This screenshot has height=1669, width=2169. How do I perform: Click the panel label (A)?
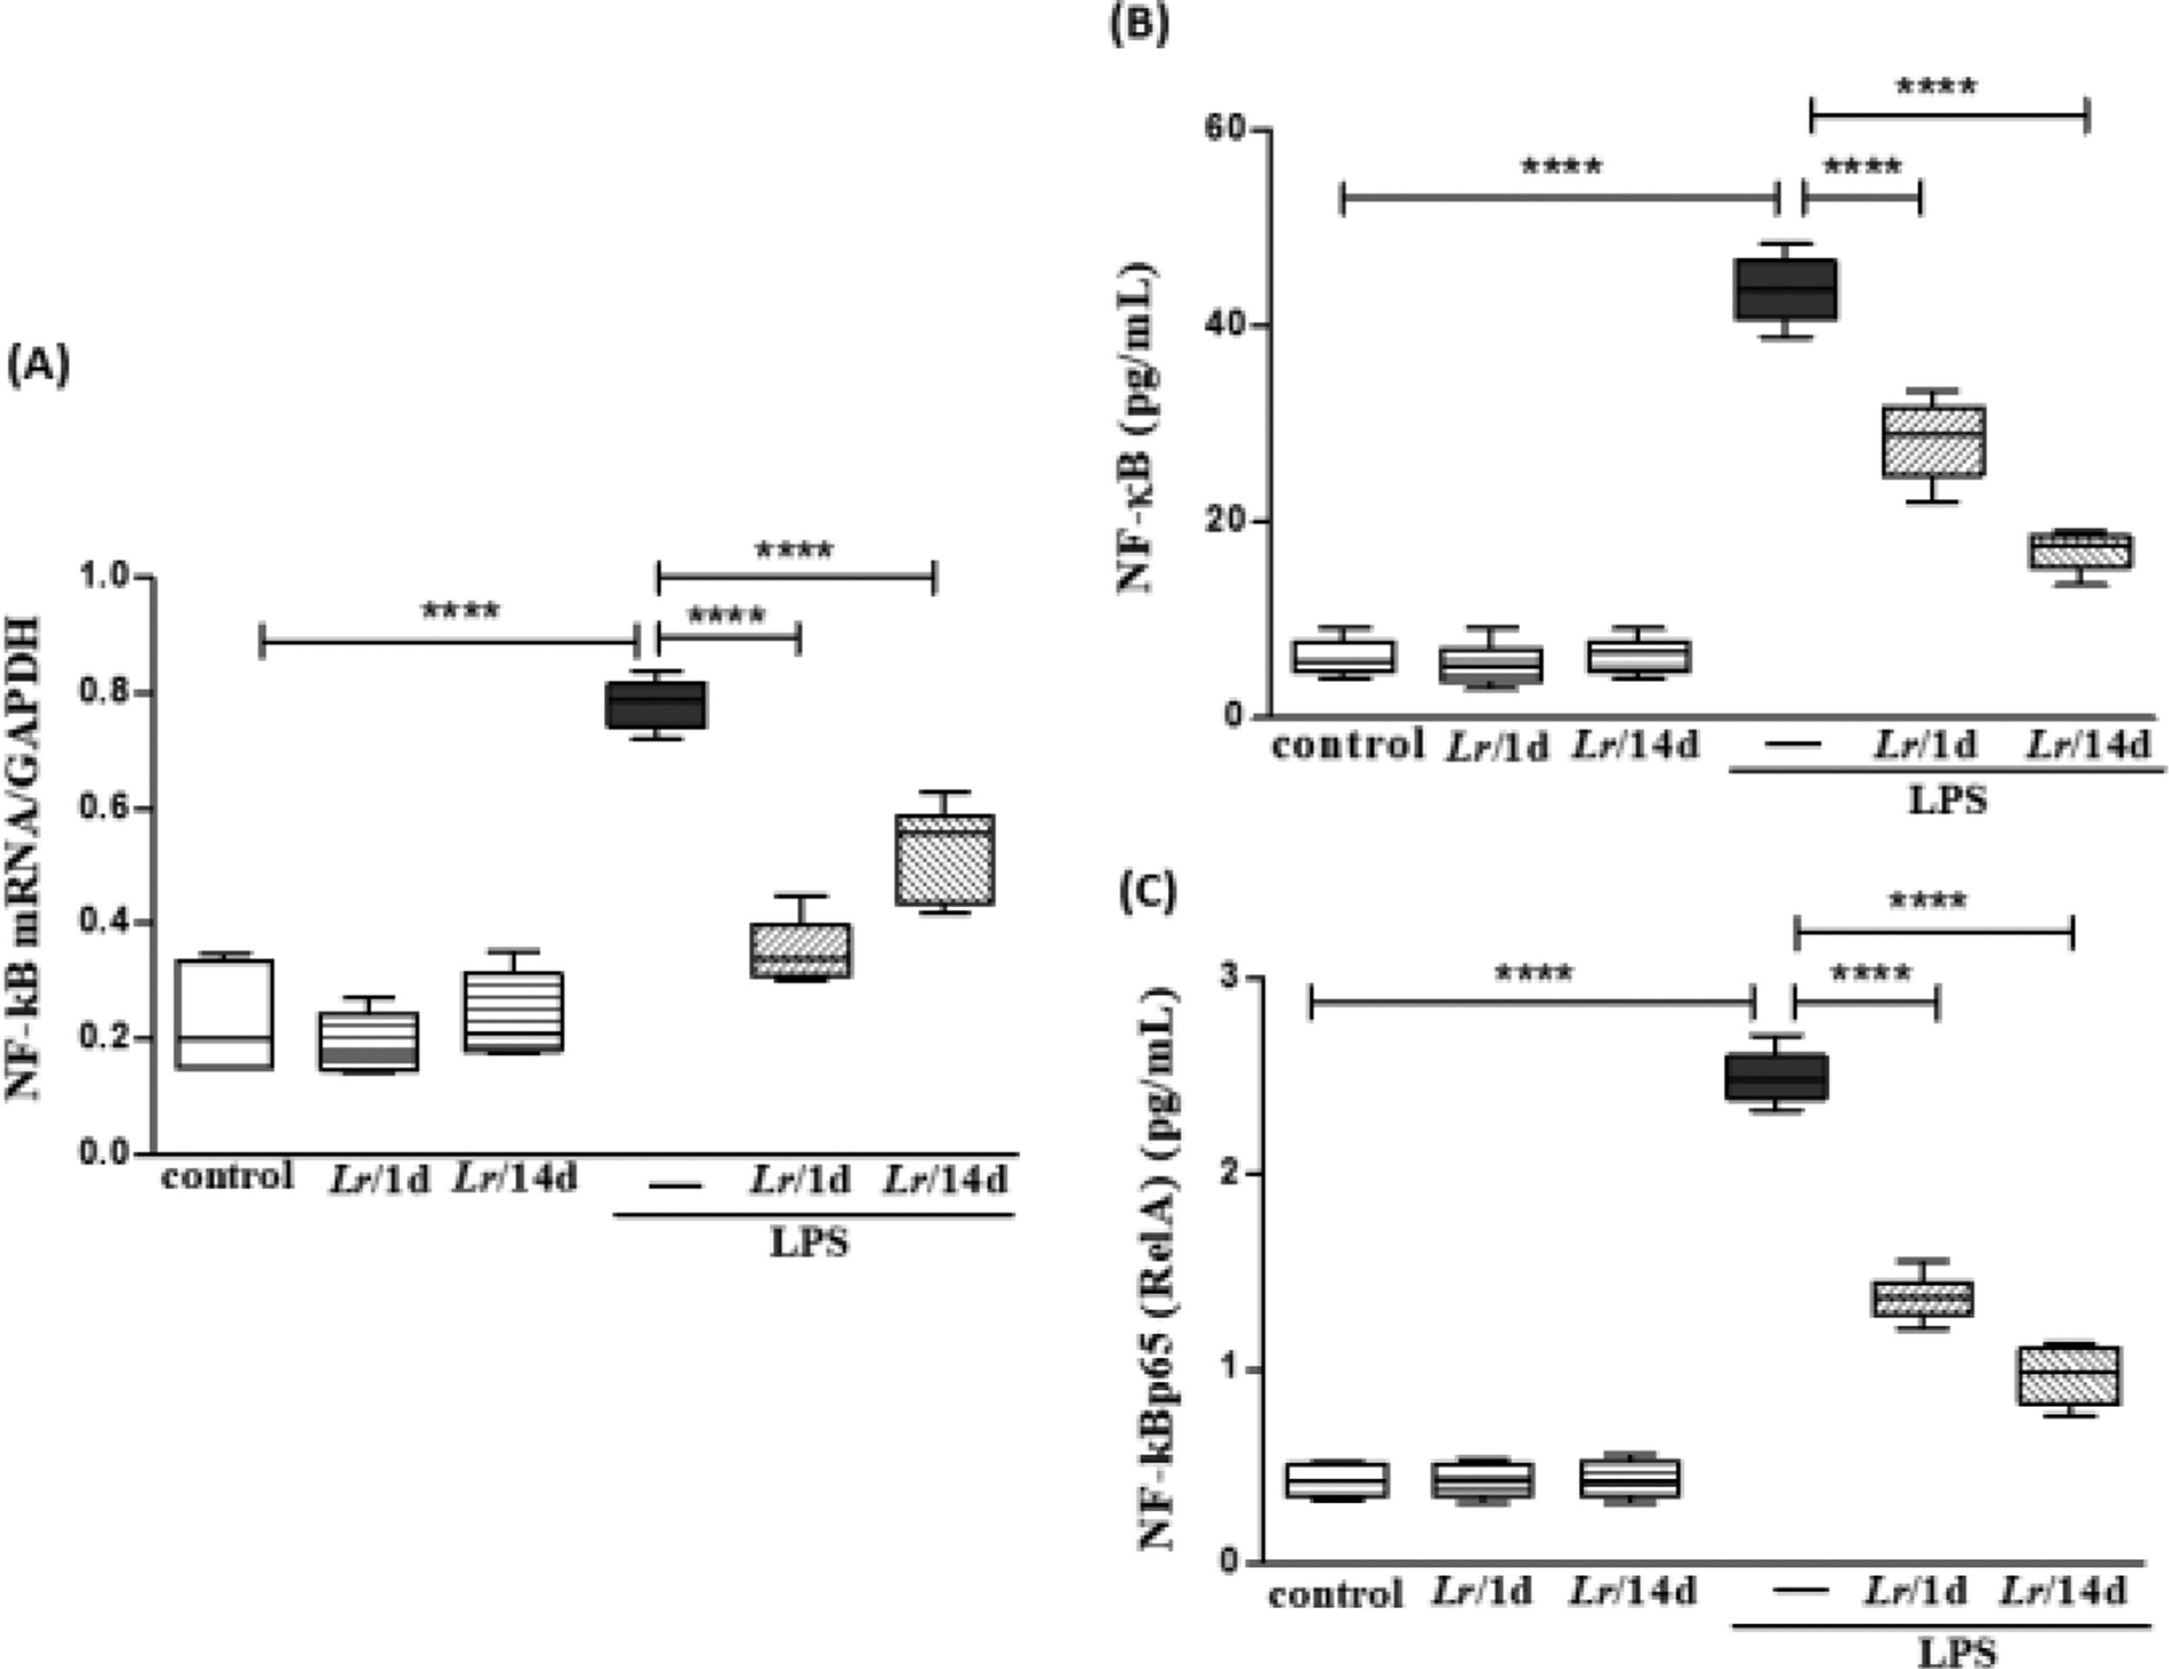(x=39, y=366)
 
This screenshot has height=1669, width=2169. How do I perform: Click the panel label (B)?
(x=1138, y=23)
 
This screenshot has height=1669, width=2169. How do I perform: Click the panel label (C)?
(x=1147, y=892)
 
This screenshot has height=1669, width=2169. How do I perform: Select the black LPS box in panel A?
(x=655, y=704)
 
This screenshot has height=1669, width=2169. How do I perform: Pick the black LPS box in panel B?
(x=1785, y=289)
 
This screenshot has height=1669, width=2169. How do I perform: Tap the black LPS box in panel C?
(x=1776, y=1077)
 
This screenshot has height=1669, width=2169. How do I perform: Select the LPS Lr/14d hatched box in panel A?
(x=945, y=860)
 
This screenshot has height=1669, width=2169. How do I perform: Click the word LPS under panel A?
(x=810, y=1242)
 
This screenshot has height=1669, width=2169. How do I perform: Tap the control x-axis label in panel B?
(x=1347, y=743)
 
